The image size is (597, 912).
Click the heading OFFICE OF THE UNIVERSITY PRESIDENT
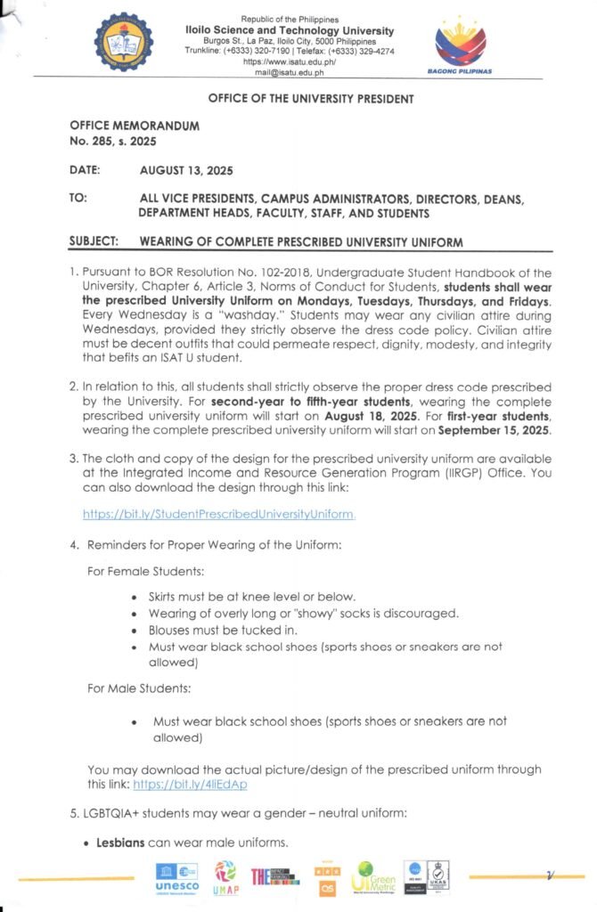(x=311, y=99)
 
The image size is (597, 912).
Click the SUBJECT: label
(x=98, y=242)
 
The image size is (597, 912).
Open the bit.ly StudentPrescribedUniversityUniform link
(x=219, y=514)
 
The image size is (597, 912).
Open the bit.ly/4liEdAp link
(x=190, y=784)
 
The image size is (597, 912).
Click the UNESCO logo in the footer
(x=176, y=878)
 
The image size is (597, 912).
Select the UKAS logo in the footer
(x=438, y=877)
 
